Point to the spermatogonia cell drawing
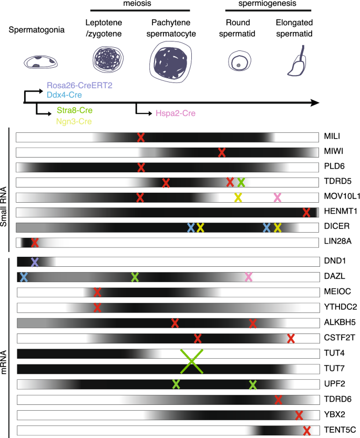(x=39, y=62)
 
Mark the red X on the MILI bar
(x=140, y=137)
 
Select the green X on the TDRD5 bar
(x=241, y=182)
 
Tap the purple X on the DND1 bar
(x=35, y=262)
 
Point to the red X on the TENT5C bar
(x=307, y=430)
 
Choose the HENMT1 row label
(x=337, y=212)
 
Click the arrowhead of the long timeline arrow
(x=314, y=102)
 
